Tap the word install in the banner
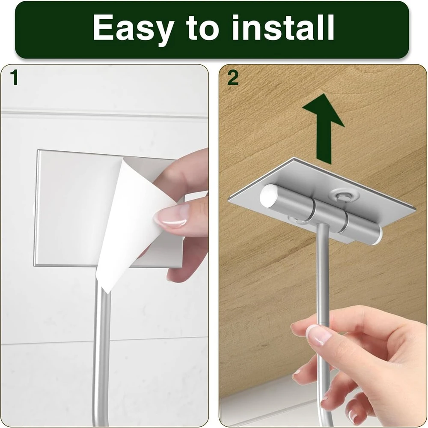(x=283, y=27)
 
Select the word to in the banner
(x=203, y=28)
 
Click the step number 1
(x=14, y=78)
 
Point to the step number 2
(x=233, y=78)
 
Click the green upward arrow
(x=324, y=129)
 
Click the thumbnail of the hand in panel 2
(x=318, y=335)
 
